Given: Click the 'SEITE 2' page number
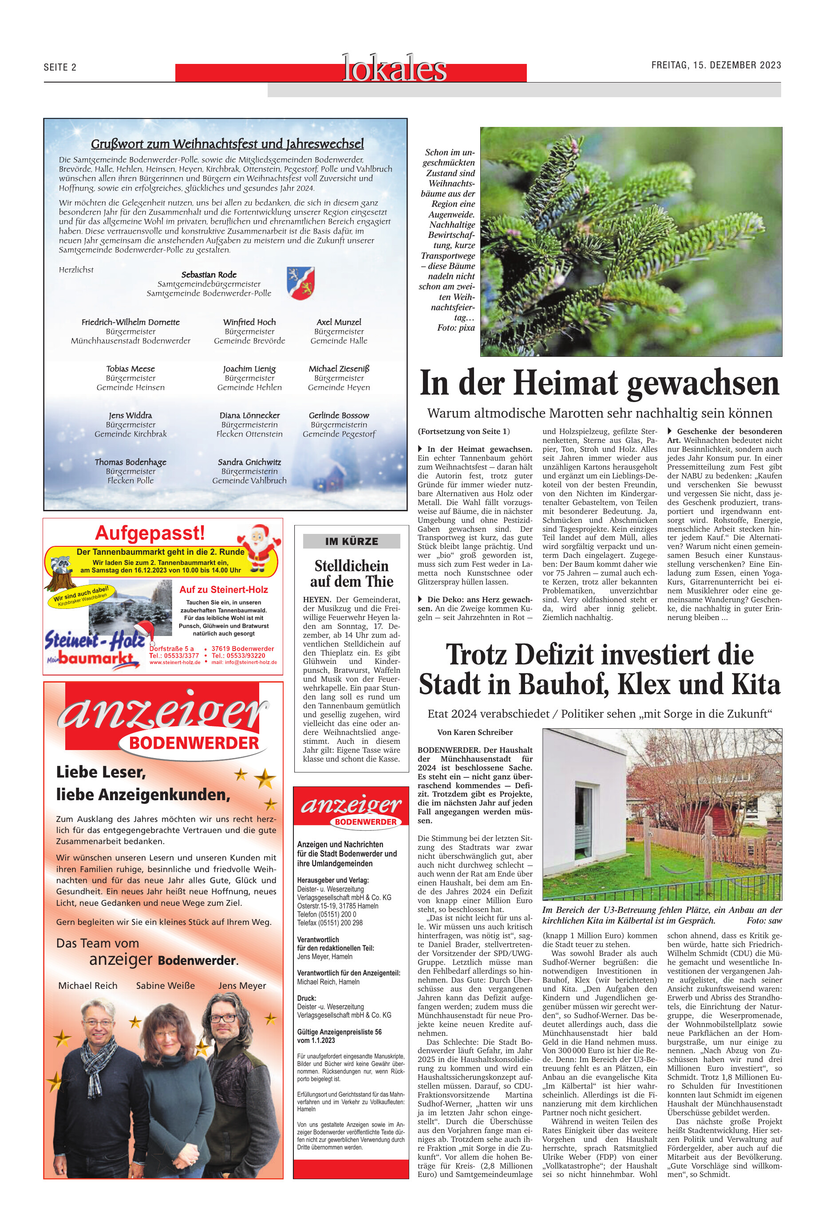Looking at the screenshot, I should [x=60, y=67].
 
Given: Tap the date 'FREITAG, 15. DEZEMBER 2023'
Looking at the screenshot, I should [x=716, y=65].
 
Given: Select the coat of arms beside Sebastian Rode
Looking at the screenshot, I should [x=300, y=283].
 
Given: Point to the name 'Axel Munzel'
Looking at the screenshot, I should [x=339, y=322].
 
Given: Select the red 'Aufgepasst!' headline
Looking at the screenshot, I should [x=150, y=533].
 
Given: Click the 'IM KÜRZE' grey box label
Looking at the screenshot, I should [x=352, y=541].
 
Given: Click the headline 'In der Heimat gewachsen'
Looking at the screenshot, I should [x=599, y=383].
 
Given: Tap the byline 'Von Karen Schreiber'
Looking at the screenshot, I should [x=474, y=732].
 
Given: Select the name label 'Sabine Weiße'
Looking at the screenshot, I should [x=166, y=986].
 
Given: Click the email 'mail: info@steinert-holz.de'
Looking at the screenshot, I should [x=244, y=663].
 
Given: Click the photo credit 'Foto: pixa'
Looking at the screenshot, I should [x=456, y=328].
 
